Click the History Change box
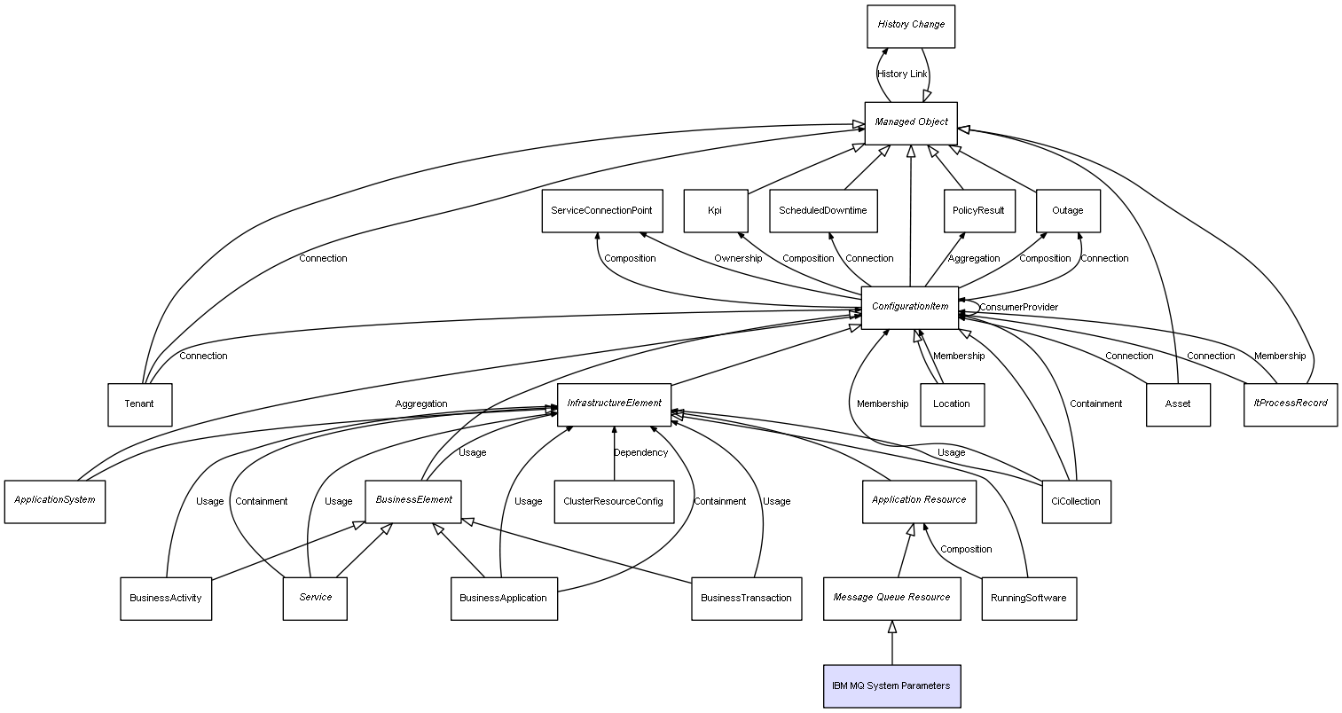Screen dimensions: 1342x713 tap(911, 27)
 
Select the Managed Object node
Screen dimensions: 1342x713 tap(911, 123)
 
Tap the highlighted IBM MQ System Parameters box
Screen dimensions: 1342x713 tap(891, 686)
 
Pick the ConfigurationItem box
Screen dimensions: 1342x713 tap(909, 308)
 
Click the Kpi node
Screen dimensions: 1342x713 tap(715, 211)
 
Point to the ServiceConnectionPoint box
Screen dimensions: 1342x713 tap(602, 211)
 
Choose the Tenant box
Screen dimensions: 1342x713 tap(139, 405)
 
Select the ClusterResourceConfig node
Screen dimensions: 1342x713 tap(614, 502)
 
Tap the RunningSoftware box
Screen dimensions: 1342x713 tap(1029, 599)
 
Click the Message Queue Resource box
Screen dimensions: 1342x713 tap(891, 599)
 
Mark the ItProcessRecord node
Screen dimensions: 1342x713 tap(1290, 405)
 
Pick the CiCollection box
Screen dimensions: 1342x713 tap(1076, 502)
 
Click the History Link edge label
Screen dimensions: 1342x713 tap(902, 74)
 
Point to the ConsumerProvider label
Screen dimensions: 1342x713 tap(1018, 308)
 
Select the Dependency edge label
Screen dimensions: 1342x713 tap(640, 453)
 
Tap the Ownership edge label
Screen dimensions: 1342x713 tap(737, 259)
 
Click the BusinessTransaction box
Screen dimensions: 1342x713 tap(746, 599)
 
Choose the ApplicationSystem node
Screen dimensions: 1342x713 tap(54, 502)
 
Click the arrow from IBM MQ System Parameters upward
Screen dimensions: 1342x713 tap(892, 643)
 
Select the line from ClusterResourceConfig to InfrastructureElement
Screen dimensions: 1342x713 tap(614, 453)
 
